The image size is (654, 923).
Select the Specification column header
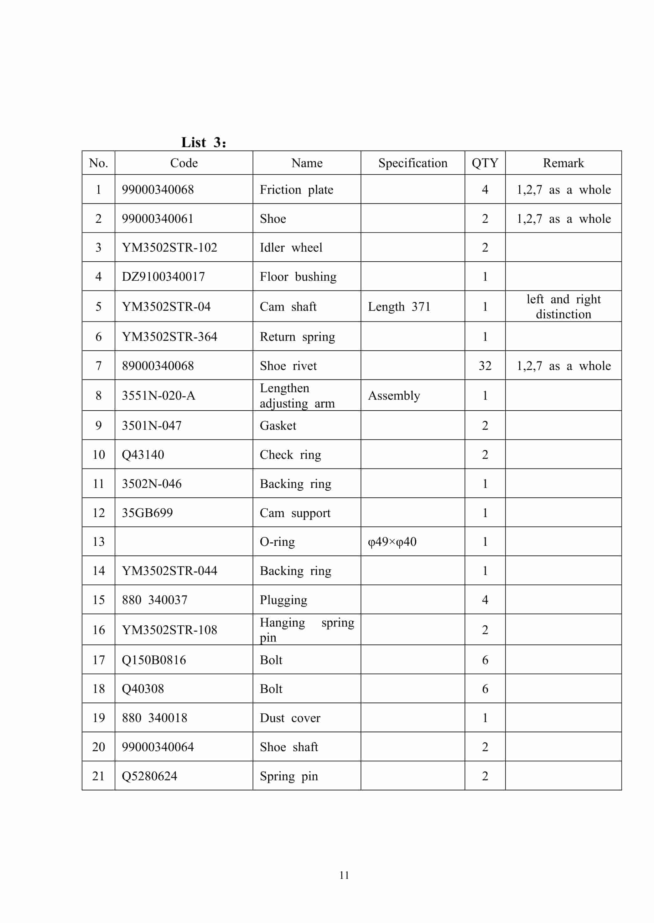coord(413,163)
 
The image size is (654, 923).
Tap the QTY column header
coord(485,163)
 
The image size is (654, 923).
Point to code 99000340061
coord(158,218)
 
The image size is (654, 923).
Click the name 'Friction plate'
coord(296,189)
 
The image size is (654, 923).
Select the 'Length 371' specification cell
coord(399,307)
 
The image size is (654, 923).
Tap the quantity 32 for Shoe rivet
coord(485,366)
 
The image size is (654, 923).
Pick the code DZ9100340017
coord(163,276)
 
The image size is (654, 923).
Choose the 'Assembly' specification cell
coord(393,396)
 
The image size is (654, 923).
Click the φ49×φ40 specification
coord(392,541)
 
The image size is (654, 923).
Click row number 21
coord(98,776)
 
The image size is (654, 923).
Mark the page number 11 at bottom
coord(344,875)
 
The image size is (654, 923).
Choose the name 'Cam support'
coord(295,513)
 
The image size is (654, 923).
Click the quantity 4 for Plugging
coord(485,599)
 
